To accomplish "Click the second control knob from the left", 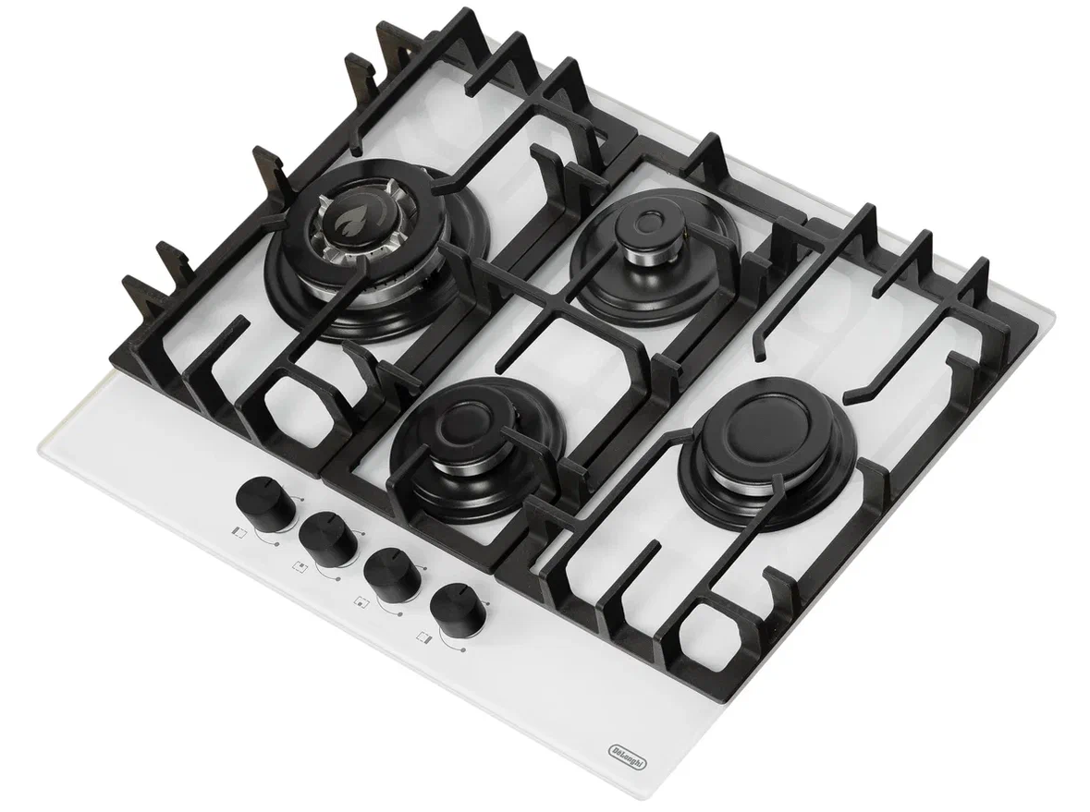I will (326, 537).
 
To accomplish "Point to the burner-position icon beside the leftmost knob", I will (238, 531).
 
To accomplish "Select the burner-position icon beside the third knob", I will (361, 601).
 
